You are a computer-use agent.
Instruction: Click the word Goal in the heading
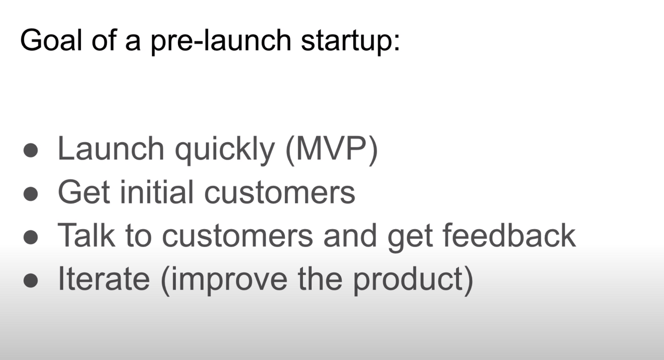pos(51,40)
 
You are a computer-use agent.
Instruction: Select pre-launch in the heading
pos(221,42)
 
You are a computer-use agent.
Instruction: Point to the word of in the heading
pos(104,40)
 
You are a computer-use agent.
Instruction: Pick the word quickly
pos(225,150)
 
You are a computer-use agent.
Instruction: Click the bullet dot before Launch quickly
pos(31,150)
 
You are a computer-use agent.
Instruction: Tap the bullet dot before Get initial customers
pos(31,194)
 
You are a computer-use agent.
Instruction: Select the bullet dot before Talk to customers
pos(31,237)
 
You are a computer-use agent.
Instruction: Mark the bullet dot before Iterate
pos(31,281)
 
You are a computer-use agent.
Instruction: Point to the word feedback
pos(509,236)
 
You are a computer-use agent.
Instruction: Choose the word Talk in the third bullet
pos(86,236)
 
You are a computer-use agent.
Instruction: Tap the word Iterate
pos(104,279)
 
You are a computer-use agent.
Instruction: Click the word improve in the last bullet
pos(229,281)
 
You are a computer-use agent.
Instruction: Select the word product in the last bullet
pos(408,281)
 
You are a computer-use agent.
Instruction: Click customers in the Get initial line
pos(280,193)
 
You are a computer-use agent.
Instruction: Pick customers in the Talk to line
pos(238,237)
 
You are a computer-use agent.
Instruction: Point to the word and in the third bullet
pos(350,236)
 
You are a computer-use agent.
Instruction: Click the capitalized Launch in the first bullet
pos(111,148)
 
